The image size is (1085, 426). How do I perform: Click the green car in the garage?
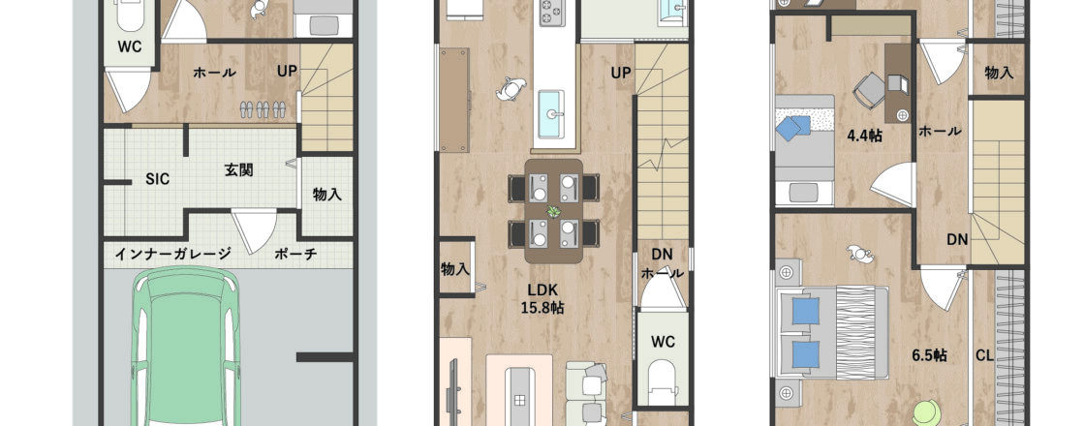click(185, 346)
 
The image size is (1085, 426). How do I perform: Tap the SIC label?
click(157, 178)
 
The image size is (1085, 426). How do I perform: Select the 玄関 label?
click(238, 170)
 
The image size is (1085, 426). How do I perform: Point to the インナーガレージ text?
click(172, 254)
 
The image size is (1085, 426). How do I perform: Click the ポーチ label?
click(295, 254)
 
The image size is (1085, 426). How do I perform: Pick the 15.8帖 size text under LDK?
click(542, 308)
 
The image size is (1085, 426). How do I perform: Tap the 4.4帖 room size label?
click(864, 136)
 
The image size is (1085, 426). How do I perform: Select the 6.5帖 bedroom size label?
click(929, 355)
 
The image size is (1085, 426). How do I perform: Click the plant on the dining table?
click(553, 211)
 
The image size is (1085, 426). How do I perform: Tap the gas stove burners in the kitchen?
click(551, 13)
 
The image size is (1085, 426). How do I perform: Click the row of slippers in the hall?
click(263, 108)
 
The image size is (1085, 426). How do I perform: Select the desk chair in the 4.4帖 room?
click(869, 91)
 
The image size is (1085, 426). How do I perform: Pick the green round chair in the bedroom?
click(927, 413)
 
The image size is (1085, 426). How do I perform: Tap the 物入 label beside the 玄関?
click(326, 195)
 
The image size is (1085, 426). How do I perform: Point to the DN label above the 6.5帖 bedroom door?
click(957, 240)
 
